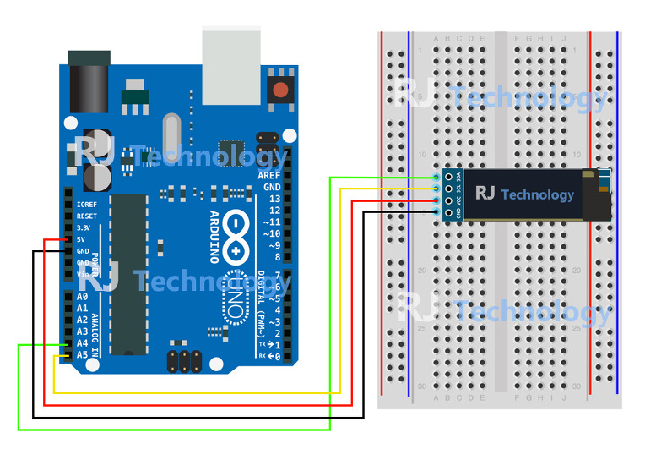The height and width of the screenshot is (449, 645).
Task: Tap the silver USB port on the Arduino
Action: (x=231, y=64)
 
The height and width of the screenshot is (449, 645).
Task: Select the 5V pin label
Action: (x=82, y=239)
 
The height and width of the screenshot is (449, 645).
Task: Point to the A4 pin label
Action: (x=82, y=343)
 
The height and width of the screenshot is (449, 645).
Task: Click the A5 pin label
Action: (x=82, y=355)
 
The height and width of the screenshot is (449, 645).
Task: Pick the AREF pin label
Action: (x=268, y=174)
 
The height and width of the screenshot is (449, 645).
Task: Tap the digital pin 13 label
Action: (x=274, y=198)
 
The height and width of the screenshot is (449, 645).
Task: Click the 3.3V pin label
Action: (x=84, y=228)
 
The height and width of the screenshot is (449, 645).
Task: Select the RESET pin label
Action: (x=86, y=216)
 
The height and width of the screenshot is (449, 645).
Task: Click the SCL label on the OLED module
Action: (x=458, y=189)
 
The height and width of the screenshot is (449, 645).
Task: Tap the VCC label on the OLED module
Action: (x=458, y=201)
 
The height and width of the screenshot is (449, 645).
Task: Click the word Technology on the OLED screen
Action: (x=537, y=194)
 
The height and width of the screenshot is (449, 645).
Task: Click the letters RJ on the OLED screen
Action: (x=485, y=194)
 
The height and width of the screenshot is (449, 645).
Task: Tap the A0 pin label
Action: (x=82, y=297)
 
